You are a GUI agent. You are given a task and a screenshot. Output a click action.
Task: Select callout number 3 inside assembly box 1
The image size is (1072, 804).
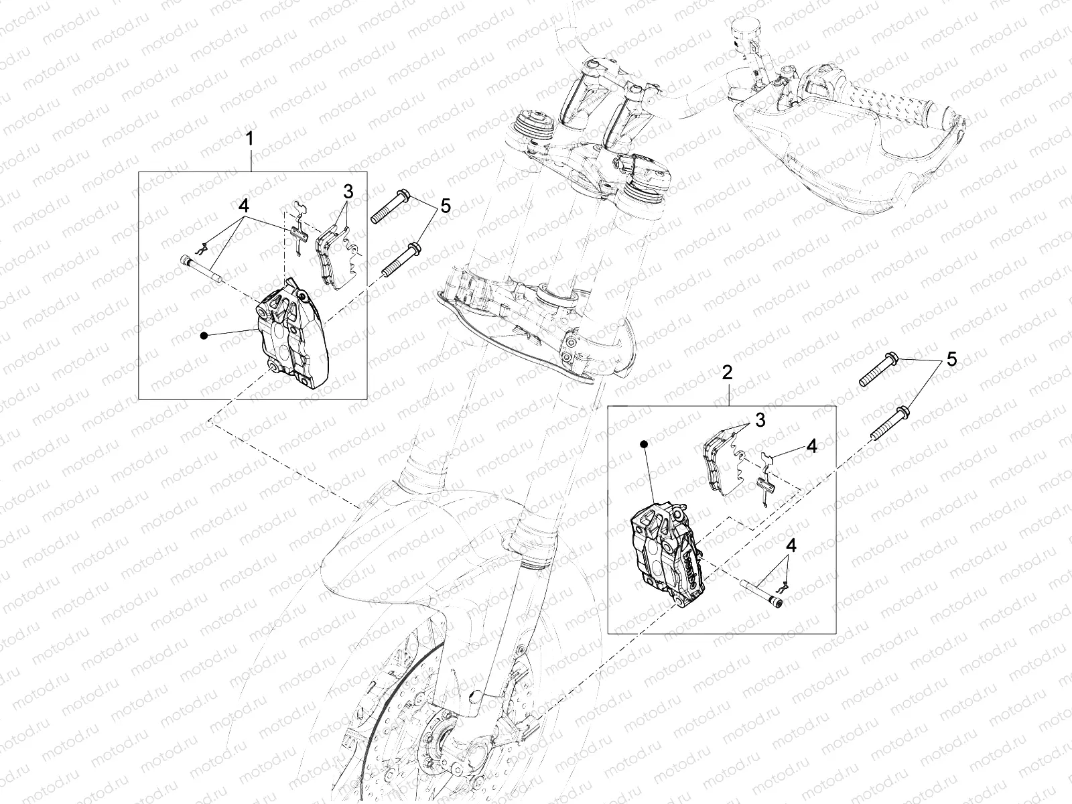[348, 192]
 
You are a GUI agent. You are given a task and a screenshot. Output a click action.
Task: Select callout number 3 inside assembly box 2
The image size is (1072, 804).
[759, 420]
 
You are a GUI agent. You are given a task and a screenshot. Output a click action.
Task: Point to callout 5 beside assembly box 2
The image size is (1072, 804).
[951, 360]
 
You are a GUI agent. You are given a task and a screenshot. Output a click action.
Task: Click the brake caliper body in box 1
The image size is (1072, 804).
[293, 338]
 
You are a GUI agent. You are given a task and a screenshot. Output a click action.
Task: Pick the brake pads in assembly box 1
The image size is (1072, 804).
[334, 258]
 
